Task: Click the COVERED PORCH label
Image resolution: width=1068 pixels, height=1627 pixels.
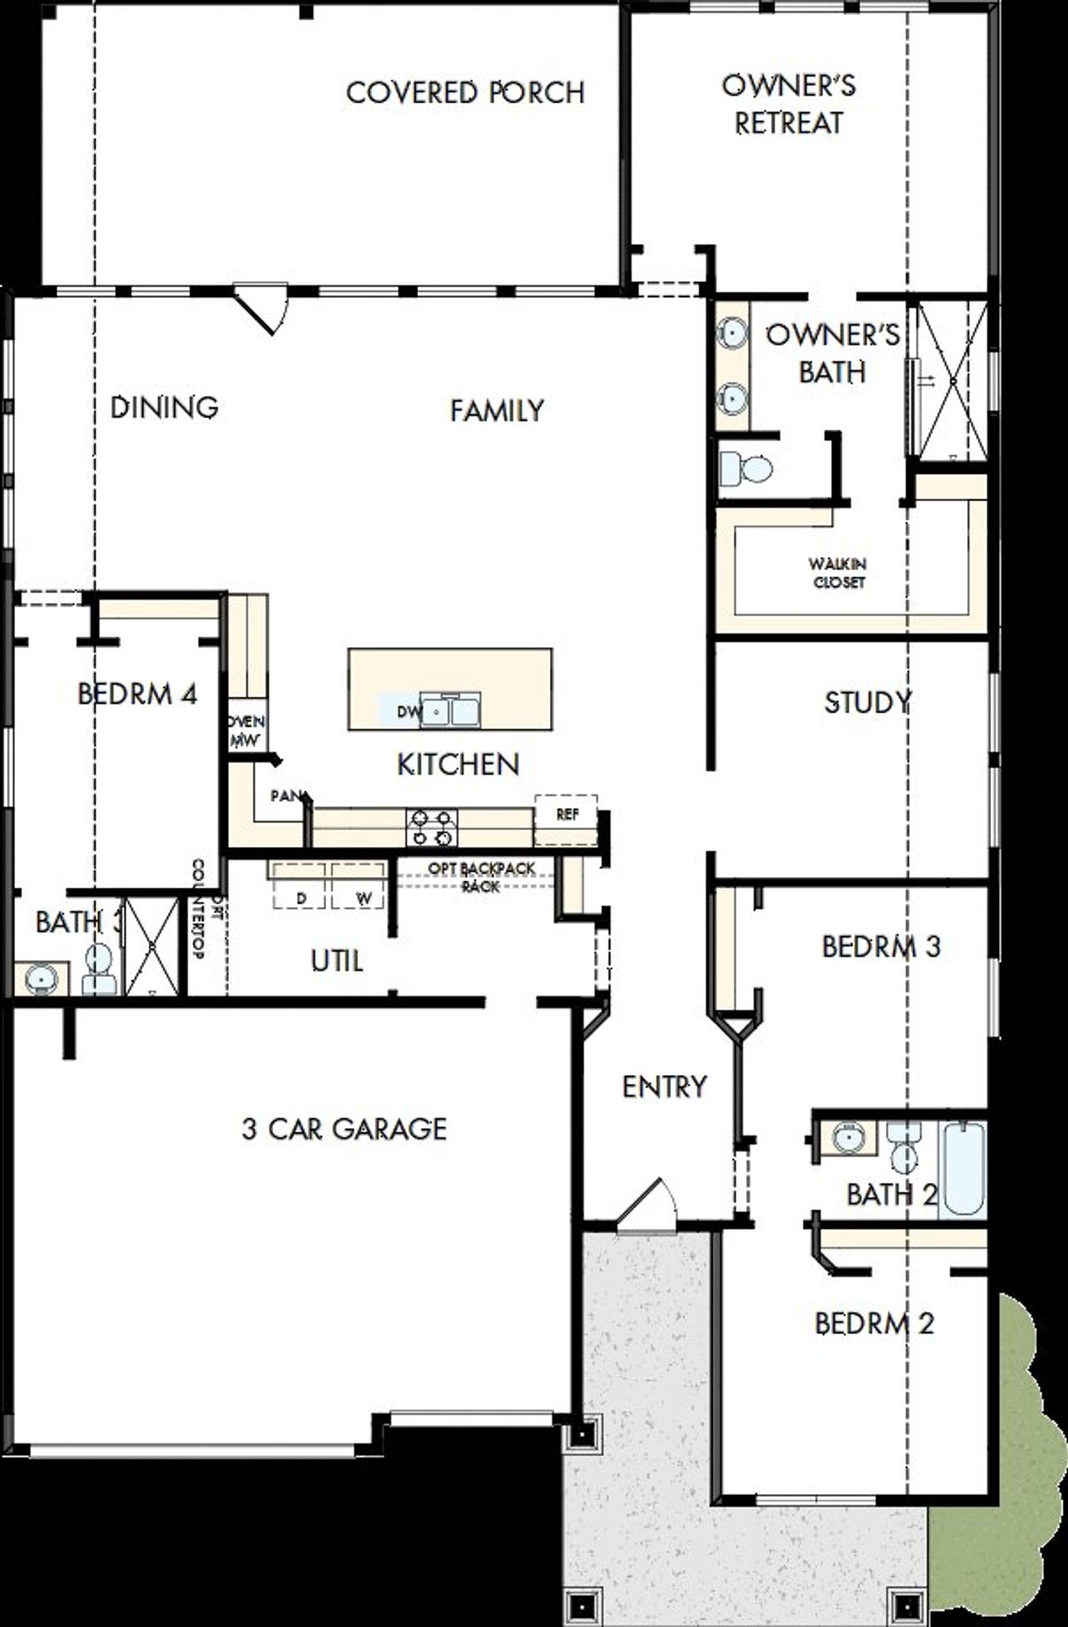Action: tap(466, 93)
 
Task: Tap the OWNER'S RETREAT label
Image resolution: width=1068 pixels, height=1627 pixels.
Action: tap(788, 104)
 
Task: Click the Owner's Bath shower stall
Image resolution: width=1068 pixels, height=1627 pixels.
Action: tap(952, 380)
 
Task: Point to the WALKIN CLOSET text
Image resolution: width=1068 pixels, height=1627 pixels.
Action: tap(838, 573)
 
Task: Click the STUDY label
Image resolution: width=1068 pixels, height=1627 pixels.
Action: tap(867, 703)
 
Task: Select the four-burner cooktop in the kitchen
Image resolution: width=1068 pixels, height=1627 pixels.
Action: tap(431, 828)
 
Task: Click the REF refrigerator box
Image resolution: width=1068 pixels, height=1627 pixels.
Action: tap(567, 815)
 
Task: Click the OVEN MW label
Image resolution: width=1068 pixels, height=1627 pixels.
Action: tap(246, 730)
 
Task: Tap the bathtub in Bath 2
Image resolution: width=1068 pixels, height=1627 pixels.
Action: tap(963, 1168)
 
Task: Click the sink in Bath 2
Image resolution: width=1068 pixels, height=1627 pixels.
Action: tap(848, 1137)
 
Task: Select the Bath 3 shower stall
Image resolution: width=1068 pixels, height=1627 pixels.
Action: tap(153, 947)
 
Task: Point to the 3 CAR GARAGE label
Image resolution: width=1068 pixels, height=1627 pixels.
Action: tap(344, 1129)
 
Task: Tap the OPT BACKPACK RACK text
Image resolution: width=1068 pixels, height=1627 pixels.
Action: tap(481, 877)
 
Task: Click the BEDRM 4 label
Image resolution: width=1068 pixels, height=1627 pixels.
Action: tap(137, 693)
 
